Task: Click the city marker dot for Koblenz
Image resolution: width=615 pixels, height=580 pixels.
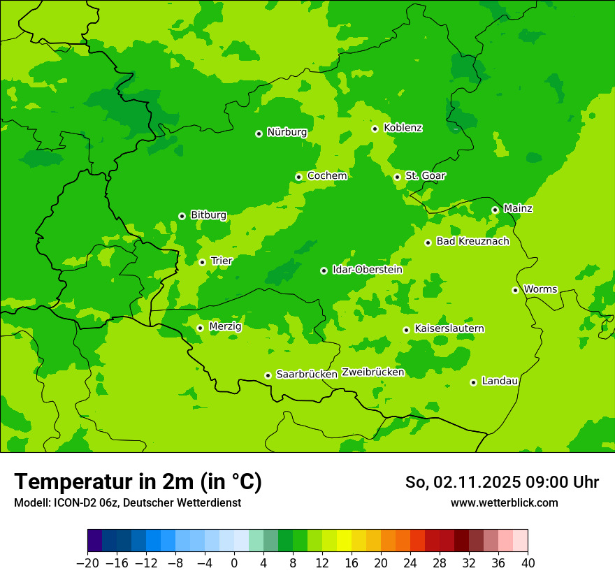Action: click(x=375, y=129)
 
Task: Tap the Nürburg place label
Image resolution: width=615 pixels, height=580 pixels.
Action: click(x=287, y=132)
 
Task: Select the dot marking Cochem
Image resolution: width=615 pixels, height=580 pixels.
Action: click(x=298, y=177)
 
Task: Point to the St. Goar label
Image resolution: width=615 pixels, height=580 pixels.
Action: click(x=425, y=176)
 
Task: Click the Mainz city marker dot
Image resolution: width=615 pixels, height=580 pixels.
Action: click(x=495, y=210)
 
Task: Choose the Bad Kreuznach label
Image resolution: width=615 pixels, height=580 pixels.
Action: click(x=472, y=242)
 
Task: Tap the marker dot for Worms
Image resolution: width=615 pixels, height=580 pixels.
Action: click(x=515, y=290)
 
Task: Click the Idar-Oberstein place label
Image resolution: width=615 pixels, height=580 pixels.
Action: click(x=367, y=270)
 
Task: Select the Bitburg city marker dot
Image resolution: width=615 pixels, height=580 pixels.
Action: click(x=182, y=216)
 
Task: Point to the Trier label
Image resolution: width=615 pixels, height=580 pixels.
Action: click(x=222, y=261)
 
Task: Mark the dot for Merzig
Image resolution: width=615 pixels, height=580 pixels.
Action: click(x=200, y=328)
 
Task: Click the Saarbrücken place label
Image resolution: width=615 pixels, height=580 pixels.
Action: click(x=307, y=375)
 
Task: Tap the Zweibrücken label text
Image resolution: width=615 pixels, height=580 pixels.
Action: click(x=372, y=372)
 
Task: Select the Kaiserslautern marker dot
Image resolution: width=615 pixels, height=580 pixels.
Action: click(x=406, y=330)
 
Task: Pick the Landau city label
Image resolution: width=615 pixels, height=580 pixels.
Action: click(x=500, y=382)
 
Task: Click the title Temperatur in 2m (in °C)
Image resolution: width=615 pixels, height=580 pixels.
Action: click(x=138, y=481)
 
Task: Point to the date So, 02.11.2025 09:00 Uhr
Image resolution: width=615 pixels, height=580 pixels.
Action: click(x=502, y=482)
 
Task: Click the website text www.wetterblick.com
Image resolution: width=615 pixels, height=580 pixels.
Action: click(x=504, y=503)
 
